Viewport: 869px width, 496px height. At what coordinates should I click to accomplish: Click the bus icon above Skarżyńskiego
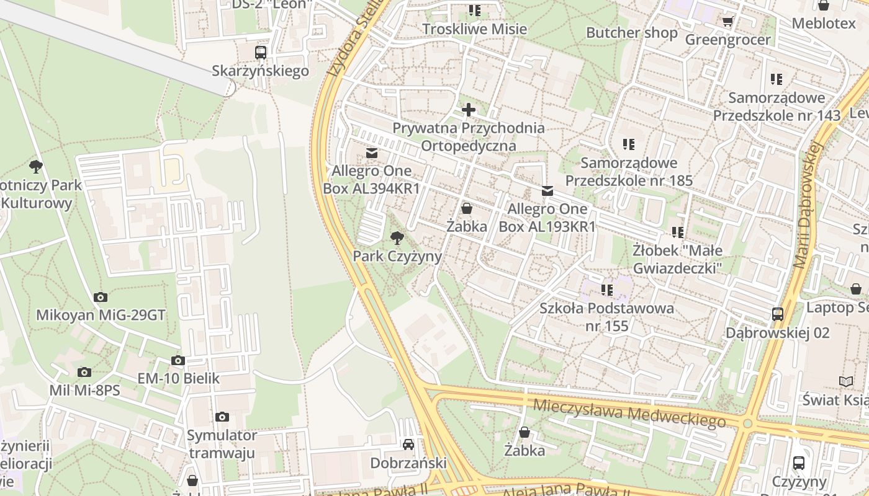pos(261,53)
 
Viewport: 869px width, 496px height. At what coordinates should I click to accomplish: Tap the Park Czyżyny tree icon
pos(397,237)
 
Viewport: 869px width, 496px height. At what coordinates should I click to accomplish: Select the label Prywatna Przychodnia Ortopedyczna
pos(469,137)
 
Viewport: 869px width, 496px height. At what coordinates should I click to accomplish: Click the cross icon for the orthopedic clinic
pos(469,110)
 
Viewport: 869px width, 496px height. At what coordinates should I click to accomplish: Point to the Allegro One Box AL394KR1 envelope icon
pos(372,153)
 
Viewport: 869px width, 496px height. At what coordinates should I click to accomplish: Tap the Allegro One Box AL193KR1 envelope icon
pos(547,191)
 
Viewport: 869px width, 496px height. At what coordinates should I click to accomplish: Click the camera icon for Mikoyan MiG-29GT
pos(101,298)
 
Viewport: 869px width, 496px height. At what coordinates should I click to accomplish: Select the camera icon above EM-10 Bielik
pos(178,361)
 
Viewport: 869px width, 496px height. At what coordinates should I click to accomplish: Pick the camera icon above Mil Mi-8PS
pos(84,373)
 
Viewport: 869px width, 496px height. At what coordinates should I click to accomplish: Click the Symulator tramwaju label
pos(222,444)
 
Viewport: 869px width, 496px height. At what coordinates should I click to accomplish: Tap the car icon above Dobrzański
pos(408,445)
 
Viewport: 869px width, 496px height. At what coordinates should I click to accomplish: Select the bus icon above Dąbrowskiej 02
pos(778,314)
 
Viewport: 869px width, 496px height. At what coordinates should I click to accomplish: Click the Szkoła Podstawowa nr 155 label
pos(606,317)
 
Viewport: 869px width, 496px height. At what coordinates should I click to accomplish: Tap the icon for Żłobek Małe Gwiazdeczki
pos(677,232)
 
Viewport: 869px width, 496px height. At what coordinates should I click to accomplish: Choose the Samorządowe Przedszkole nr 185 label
pos(629,172)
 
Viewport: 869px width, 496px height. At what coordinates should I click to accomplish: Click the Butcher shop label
pos(632,33)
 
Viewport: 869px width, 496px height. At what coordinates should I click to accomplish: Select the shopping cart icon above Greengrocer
pos(727,22)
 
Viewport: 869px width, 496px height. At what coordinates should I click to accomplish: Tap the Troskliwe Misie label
pos(474,29)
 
